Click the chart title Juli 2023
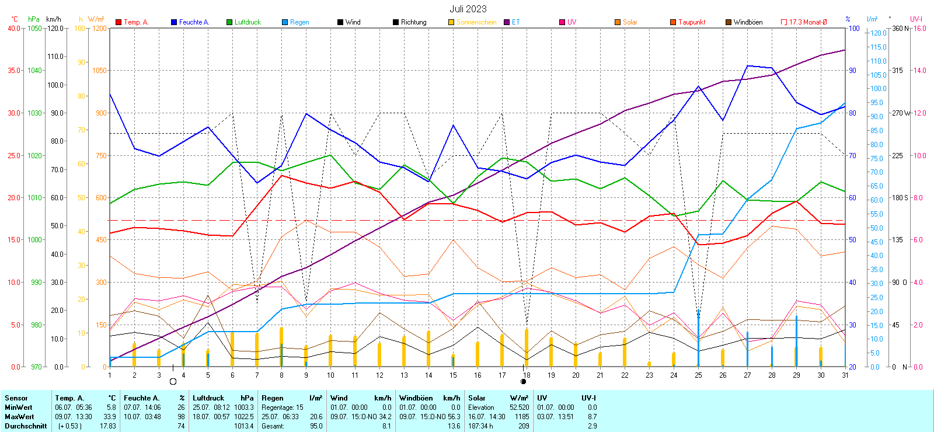point(468,9)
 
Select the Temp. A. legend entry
point(135,22)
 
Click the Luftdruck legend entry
point(247,22)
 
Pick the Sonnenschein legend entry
point(476,22)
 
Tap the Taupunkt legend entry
point(691,22)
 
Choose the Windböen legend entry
point(747,22)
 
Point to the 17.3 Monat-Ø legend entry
point(807,22)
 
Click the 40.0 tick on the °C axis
point(13,28)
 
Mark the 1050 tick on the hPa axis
point(35,28)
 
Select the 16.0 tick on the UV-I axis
point(920,28)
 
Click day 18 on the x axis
point(527,375)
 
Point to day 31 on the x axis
point(845,375)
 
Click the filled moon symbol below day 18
point(523,382)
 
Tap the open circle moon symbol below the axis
point(173,382)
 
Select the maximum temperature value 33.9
point(110,417)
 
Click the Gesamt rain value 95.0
point(316,426)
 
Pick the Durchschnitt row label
point(26,426)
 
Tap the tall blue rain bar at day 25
point(698,339)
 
